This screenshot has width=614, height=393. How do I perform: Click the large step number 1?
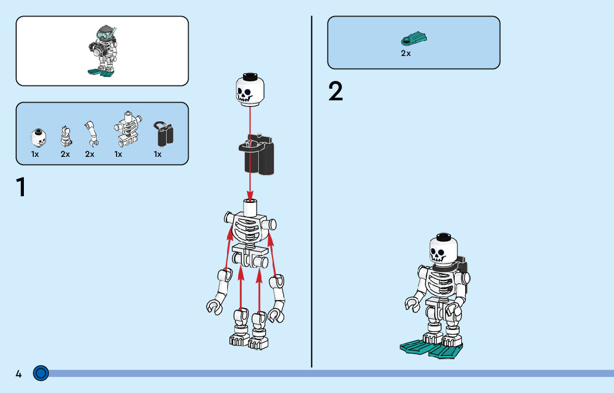[x=21, y=187]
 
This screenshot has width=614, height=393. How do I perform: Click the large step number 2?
[x=336, y=92]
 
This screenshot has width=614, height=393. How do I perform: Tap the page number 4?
[x=18, y=374]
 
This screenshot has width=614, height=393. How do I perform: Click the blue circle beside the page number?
[x=41, y=374]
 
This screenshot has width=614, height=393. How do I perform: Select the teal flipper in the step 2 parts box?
[x=414, y=39]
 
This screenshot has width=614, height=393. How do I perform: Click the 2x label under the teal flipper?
[x=406, y=54]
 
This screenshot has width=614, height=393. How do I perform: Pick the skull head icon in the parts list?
[x=38, y=136]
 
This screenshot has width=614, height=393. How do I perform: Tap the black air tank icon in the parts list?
[x=163, y=133]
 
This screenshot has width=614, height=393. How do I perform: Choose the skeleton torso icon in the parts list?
[x=127, y=130]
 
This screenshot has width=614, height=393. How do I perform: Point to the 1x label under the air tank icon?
[x=158, y=155]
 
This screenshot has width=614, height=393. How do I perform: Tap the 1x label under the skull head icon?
[x=35, y=155]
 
